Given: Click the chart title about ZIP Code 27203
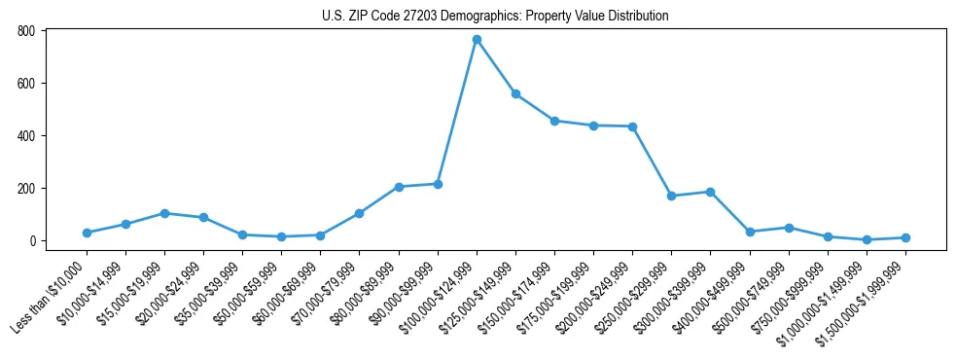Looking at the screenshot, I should [x=495, y=16].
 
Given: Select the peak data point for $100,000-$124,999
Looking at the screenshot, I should [x=477, y=40].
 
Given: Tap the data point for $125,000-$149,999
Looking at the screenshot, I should [x=515, y=94].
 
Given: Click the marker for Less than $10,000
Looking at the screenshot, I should [x=87, y=233].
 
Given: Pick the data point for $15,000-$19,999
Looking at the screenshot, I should [x=164, y=213].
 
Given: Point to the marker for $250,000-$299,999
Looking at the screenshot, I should [x=671, y=196].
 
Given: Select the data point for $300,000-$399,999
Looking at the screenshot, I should [x=710, y=192].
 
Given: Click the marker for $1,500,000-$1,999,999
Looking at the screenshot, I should [x=905, y=237].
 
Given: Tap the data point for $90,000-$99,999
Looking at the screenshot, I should [x=438, y=184].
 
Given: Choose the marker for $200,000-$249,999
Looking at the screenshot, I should [x=632, y=126].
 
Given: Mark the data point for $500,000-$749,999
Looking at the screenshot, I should [x=789, y=228].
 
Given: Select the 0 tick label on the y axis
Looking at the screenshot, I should [x=32, y=241].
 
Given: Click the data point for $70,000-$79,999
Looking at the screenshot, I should [x=360, y=213].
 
